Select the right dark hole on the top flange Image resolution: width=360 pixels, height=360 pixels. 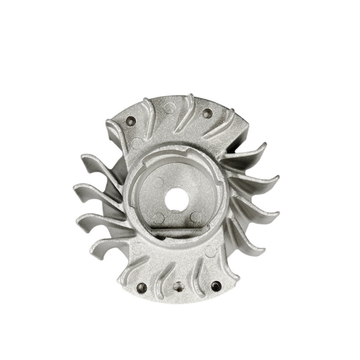pyautogui.click(x=207, y=113)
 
